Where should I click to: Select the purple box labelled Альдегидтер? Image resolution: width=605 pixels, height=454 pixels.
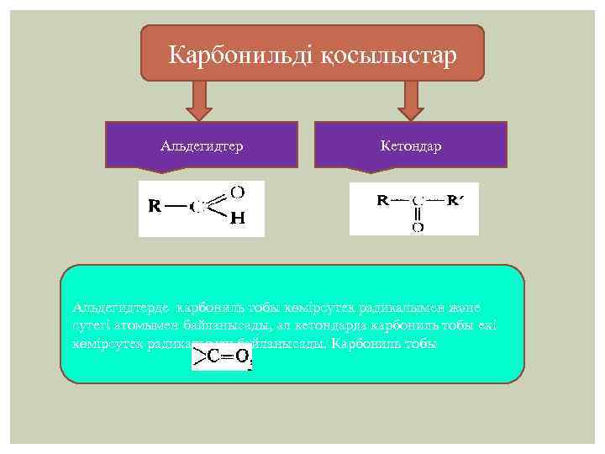[x=202, y=145]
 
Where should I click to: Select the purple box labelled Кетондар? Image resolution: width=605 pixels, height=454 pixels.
[x=410, y=145]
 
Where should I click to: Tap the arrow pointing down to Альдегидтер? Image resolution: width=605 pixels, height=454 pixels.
[x=201, y=101]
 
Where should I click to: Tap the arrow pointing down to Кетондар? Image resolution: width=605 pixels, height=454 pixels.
[x=410, y=101]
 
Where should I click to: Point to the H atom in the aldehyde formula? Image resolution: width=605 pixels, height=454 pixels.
[x=237, y=219]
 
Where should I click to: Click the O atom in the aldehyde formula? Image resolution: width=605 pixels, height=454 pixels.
[x=237, y=193]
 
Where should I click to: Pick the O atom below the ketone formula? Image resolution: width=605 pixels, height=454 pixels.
[x=418, y=226]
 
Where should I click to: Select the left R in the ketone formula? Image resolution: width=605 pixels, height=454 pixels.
[x=382, y=201]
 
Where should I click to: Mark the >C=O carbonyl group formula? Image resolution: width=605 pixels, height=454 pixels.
[x=223, y=357]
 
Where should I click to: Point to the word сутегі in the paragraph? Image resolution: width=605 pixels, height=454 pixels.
[x=92, y=326]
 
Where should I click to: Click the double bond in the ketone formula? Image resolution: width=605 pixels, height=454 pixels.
[x=418, y=214]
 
